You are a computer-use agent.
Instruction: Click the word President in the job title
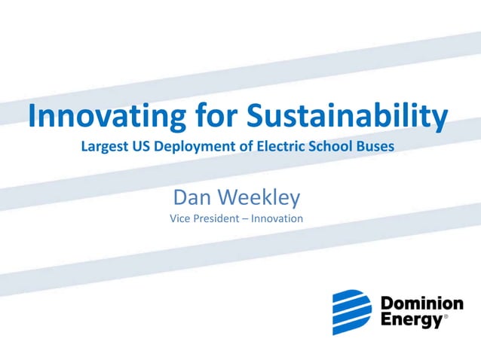tap(219, 218)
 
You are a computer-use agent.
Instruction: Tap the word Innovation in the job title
tap(278, 218)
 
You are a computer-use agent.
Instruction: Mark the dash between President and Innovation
tap(248, 219)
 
